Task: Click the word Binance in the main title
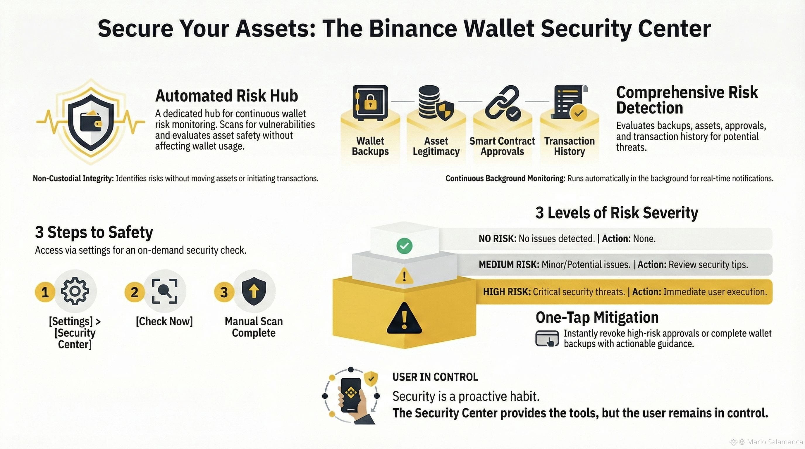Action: click(413, 29)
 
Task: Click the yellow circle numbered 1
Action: click(45, 292)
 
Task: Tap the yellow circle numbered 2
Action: click(134, 292)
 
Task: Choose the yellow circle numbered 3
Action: click(224, 292)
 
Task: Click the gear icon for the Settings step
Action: click(75, 291)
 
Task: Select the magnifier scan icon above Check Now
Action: click(165, 291)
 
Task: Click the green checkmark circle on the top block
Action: click(404, 246)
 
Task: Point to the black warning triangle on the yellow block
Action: click(404, 319)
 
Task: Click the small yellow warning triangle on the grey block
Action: click(404, 276)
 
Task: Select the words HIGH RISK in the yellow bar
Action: click(507, 292)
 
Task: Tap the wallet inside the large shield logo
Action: click(91, 122)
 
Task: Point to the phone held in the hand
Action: click(351, 395)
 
